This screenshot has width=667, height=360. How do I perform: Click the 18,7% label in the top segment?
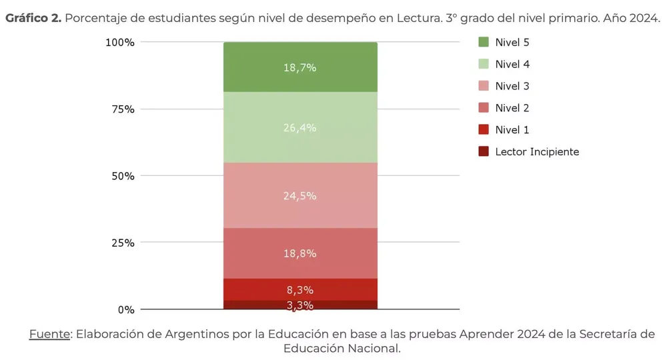point(299,67)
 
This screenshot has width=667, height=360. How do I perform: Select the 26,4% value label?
point(299,127)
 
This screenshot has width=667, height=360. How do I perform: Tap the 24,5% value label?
point(299,196)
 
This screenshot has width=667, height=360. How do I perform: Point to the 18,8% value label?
point(299,253)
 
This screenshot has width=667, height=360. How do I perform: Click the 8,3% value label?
point(299,290)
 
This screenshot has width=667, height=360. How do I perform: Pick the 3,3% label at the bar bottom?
point(299,305)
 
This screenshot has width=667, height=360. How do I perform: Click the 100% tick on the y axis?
point(120,42)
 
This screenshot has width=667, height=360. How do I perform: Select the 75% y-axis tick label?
point(123,109)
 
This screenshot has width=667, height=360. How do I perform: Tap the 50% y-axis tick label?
point(123,176)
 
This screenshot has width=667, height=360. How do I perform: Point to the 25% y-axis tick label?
point(123,243)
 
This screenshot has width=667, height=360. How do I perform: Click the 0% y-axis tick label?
point(126,309)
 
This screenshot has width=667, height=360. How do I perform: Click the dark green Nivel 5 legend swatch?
point(484,42)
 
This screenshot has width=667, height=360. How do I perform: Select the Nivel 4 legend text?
point(512,64)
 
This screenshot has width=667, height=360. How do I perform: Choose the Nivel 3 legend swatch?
point(484,86)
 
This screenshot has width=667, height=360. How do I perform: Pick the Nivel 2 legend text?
point(512,108)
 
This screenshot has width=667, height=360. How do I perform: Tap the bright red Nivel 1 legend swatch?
point(484,130)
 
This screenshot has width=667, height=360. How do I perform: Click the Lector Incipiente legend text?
point(537,152)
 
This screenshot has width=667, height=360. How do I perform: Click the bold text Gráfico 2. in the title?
point(33,18)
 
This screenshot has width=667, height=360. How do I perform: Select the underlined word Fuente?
point(49,334)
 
